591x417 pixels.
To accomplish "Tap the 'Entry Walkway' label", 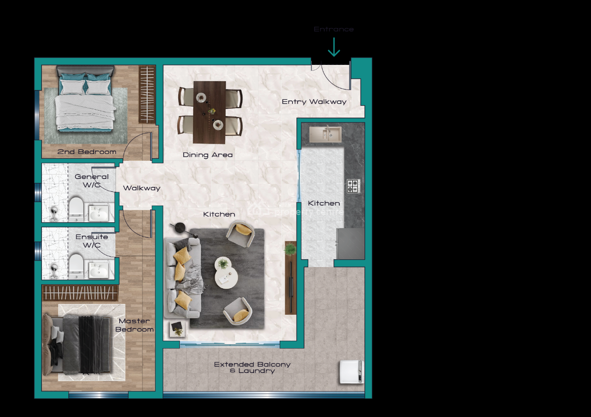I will tap(314, 102).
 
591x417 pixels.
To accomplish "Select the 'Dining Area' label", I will tap(207, 155).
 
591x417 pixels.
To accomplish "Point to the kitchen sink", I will tap(325, 134).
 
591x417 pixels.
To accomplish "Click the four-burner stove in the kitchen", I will tap(353, 186).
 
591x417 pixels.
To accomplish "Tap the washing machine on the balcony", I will tap(351, 372).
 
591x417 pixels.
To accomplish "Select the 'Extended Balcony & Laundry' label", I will tap(252, 367).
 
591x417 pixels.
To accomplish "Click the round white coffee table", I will tap(226, 272).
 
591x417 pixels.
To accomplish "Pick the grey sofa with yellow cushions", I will tap(182, 278).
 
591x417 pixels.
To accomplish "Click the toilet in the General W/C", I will tap(76, 208).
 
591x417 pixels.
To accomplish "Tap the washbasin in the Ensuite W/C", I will tap(99, 269).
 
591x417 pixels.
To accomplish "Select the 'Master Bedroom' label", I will tap(134, 325).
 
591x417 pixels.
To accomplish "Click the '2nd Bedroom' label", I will tap(87, 151).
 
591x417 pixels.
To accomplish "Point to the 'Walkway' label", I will tap(141, 188).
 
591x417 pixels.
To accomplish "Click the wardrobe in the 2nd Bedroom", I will tap(147, 94).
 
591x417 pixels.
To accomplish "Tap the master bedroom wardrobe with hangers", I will tap(80, 293).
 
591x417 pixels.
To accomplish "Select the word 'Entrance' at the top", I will tap(333, 29).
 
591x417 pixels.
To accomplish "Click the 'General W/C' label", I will tap(92, 180).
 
